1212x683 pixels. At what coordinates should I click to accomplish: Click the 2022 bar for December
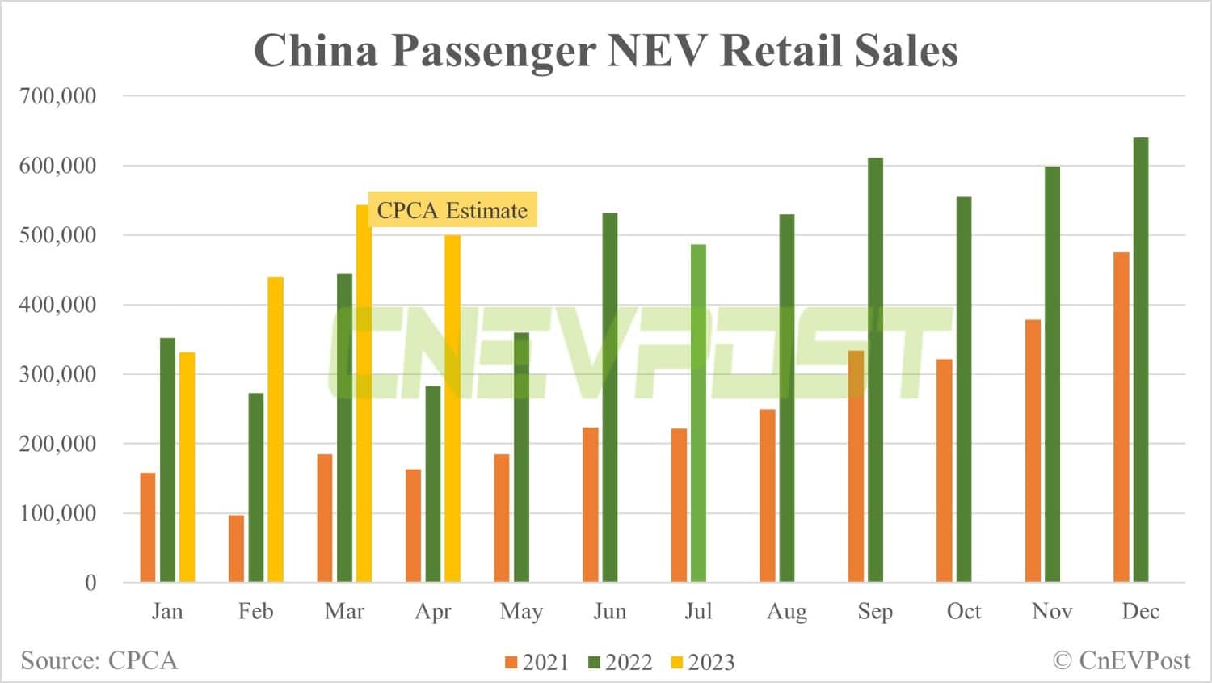pos(1140,360)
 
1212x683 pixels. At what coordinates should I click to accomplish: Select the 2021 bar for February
pos(236,548)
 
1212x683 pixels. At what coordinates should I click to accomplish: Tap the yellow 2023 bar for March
pos(364,394)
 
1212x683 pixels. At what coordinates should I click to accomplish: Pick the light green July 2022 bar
pos(698,413)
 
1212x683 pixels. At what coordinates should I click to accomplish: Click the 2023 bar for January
pos(187,467)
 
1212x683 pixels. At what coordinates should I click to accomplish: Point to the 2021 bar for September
pos(856,466)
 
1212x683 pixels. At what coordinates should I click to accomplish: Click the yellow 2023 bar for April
pos(452,408)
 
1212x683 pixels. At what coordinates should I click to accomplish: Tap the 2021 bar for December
pos(1121,417)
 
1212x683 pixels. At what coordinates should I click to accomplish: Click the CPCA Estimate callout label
pos(452,210)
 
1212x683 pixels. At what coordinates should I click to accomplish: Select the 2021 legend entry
pos(537,662)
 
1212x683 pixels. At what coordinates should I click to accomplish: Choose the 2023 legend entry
pos(702,662)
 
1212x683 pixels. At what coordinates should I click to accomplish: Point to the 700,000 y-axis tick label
pos(57,95)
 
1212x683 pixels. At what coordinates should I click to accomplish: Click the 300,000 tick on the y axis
pos(57,374)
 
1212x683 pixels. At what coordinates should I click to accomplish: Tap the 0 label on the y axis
pos(90,583)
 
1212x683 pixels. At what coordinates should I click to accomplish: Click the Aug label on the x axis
pos(786,611)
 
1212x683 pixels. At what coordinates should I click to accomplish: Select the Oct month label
pos(963,611)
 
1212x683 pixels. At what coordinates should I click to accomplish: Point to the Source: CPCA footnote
pos(99,660)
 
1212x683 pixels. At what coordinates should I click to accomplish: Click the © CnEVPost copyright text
pos(1121,660)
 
